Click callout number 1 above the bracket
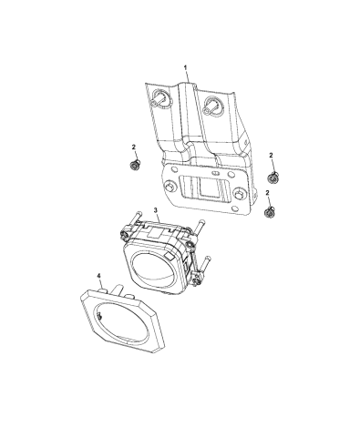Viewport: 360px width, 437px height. [186, 67]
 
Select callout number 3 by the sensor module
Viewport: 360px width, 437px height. [156, 209]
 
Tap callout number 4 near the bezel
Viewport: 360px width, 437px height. [98, 275]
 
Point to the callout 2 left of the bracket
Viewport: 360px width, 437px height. [134, 147]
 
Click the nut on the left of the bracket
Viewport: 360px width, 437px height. [133, 166]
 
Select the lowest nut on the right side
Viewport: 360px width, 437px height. [269, 212]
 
